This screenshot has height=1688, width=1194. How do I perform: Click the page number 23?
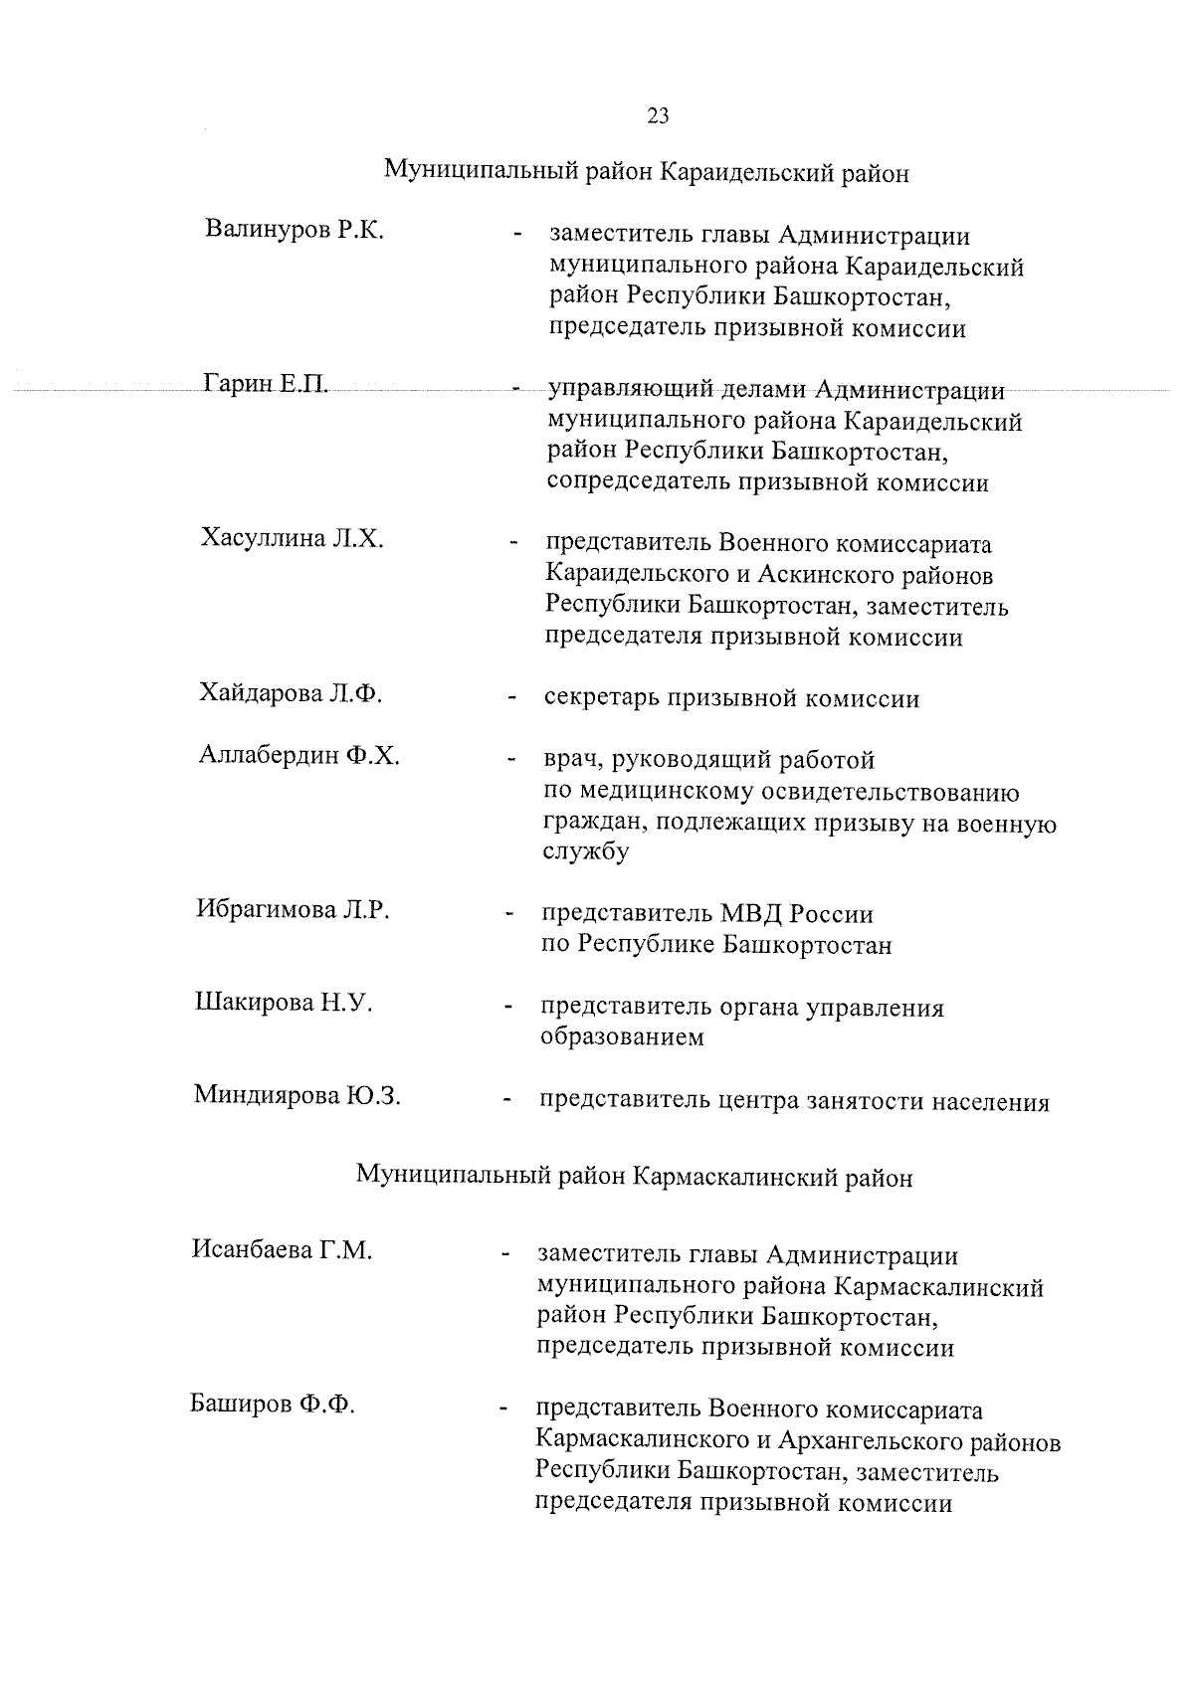coord(658,115)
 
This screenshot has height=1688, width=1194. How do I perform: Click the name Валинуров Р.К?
coord(295,230)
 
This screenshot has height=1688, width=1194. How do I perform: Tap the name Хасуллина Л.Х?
coord(293,539)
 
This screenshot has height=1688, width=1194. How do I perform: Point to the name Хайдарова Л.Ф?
coord(291,693)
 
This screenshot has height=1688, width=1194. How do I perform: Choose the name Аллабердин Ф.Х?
coord(298,755)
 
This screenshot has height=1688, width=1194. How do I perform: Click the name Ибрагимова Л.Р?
coord(293,909)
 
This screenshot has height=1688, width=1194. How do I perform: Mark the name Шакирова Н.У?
coord(284,1002)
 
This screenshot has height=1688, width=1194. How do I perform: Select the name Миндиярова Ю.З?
coord(297,1095)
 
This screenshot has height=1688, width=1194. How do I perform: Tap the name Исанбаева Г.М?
coord(282,1249)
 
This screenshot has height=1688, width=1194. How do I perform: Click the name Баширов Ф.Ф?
coord(273,1405)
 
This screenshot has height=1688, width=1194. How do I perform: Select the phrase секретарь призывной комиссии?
coord(731,698)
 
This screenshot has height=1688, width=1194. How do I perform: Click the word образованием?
coord(622,1037)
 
